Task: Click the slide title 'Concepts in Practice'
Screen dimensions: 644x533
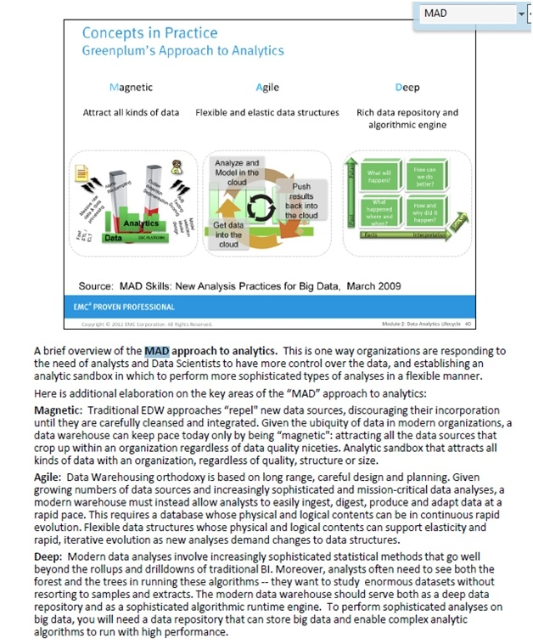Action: [149, 33]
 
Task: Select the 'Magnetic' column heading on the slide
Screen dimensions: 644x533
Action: [132, 88]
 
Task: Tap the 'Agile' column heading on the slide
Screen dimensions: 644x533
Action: [266, 88]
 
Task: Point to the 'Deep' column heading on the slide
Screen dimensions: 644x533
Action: [407, 88]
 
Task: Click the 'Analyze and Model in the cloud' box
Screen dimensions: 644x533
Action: [237, 172]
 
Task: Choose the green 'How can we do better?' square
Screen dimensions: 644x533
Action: [424, 176]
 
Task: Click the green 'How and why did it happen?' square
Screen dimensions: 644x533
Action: [424, 212]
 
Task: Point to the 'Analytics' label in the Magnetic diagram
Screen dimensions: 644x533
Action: [140, 223]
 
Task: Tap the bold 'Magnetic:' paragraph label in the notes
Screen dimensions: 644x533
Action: [57, 410]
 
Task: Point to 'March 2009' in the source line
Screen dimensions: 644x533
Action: [371, 285]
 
